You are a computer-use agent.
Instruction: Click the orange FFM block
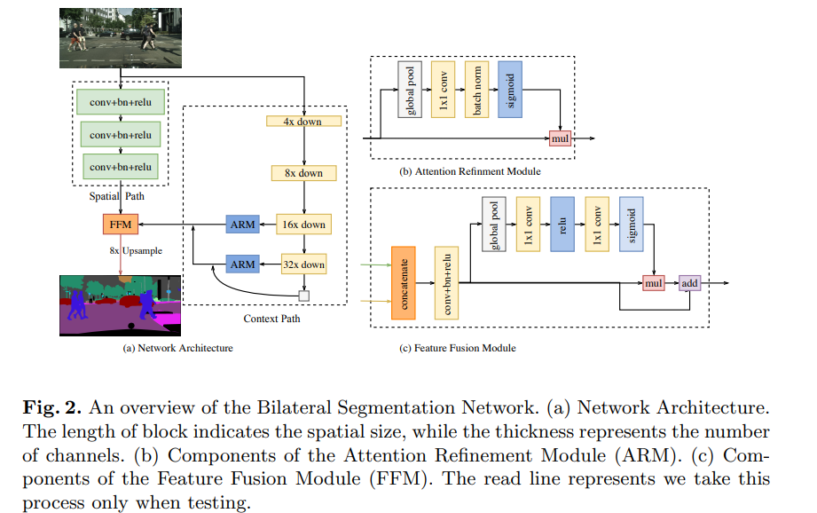click(x=120, y=225)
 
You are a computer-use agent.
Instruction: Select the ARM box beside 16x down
click(x=242, y=225)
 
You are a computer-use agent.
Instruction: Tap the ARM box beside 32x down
click(x=242, y=264)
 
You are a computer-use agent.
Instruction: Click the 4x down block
click(x=304, y=121)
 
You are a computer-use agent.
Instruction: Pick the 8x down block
click(x=304, y=173)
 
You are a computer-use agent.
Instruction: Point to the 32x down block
click(x=304, y=264)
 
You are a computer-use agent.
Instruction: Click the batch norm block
click(x=475, y=90)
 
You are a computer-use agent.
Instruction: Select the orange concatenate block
click(x=403, y=282)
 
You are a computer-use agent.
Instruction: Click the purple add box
click(x=689, y=283)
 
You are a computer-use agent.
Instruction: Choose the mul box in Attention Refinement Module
click(x=560, y=139)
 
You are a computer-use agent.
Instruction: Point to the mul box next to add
click(x=654, y=283)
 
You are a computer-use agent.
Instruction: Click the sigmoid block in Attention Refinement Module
click(x=510, y=90)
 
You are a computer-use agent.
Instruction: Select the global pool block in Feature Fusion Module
click(x=493, y=227)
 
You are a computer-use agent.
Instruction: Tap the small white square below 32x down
click(x=304, y=296)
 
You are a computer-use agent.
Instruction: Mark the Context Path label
click(x=272, y=318)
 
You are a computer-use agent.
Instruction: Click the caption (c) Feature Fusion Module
click(x=458, y=348)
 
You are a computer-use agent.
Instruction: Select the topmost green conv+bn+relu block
click(x=120, y=103)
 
